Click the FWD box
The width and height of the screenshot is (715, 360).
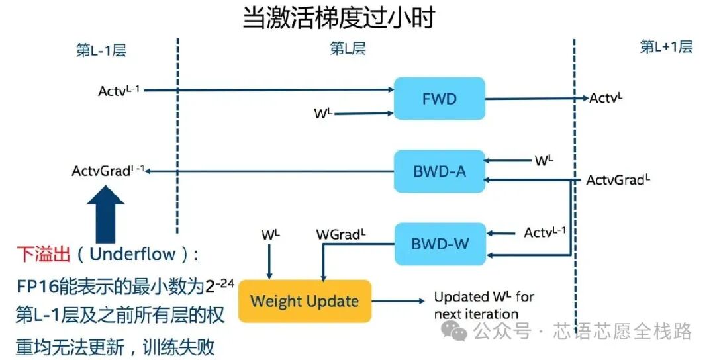439,99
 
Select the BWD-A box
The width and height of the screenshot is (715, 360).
439,171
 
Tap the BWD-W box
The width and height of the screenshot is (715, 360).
439,244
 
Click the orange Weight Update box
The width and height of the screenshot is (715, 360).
305,301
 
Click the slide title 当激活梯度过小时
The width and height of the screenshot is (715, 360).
338,18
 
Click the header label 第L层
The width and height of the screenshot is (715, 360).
348,48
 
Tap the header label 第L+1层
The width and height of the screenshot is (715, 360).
665,47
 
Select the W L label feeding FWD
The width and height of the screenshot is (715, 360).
323,113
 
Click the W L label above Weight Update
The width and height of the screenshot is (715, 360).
271,234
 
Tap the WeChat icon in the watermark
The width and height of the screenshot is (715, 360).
455,330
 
